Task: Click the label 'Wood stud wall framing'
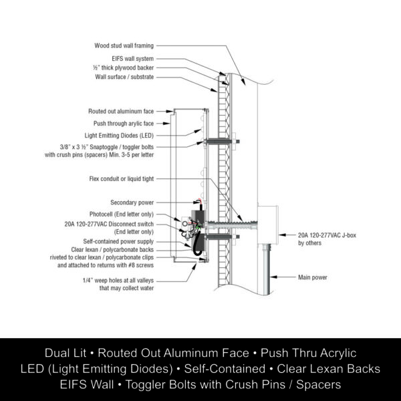(124, 46)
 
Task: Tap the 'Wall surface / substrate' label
(124, 77)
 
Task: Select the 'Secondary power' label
(132, 202)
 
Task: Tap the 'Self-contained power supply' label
(118, 241)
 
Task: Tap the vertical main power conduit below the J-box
(267, 267)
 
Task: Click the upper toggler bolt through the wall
(221, 142)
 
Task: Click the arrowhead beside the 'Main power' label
(275, 275)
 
